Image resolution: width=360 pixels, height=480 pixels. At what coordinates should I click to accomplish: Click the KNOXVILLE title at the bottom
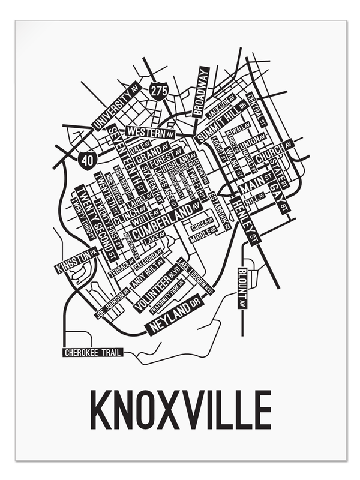pyautogui.click(x=180, y=410)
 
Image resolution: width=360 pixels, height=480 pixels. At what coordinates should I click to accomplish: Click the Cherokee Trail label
pyautogui.click(x=93, y=352)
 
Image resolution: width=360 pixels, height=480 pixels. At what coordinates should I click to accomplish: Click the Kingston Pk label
pyautogui.click(x=76, y=261)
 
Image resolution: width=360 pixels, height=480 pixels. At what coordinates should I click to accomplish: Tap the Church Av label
pyautogui.click(x=274, y=151)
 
